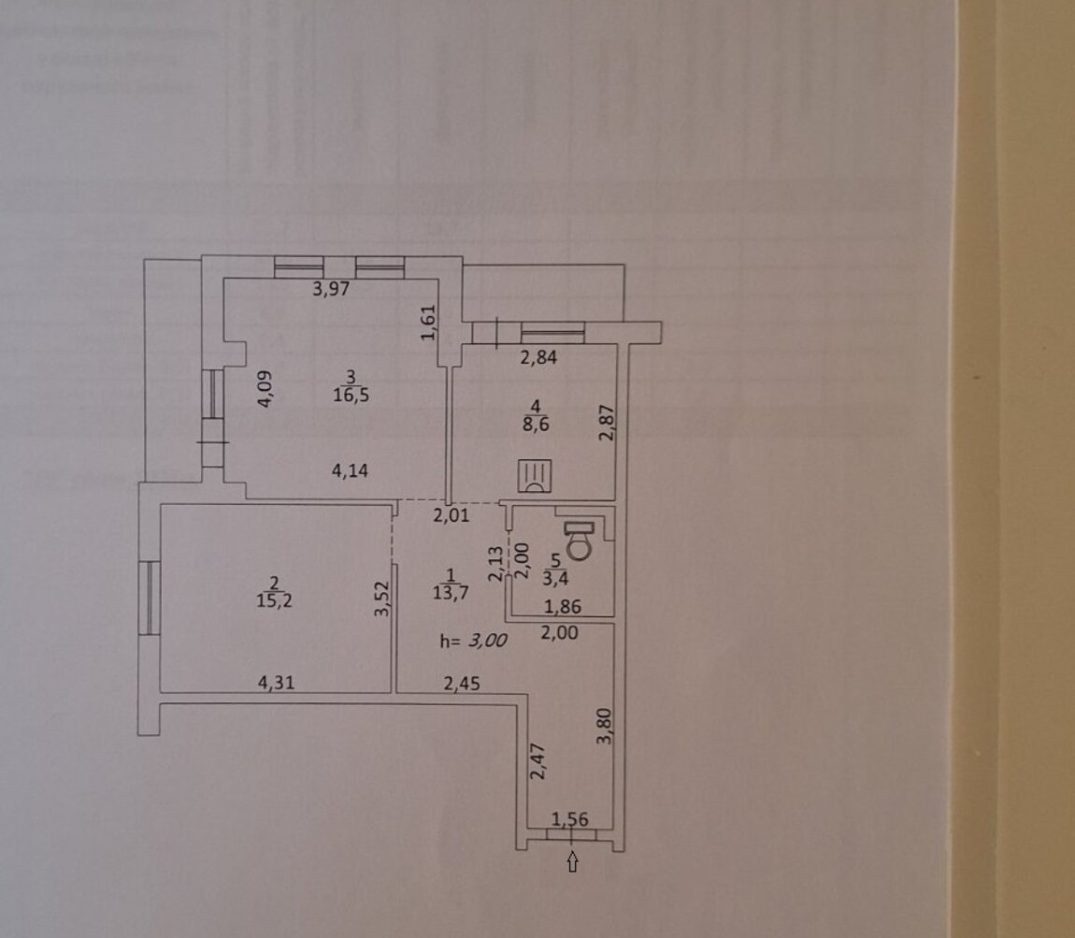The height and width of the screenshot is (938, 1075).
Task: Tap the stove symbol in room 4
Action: (535, 476)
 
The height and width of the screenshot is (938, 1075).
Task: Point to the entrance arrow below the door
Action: (572, 864)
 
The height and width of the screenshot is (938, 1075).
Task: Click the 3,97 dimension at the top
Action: (330, 289)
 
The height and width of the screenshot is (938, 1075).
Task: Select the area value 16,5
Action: (351, 395)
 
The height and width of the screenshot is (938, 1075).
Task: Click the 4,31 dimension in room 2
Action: (276, 684)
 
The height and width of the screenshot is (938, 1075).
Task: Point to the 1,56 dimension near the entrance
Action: (569, 820)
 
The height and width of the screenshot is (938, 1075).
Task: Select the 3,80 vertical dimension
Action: (605, 726)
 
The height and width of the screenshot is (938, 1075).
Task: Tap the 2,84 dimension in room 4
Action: (537, 356)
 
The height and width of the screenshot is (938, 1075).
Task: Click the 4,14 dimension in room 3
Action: (349, 470)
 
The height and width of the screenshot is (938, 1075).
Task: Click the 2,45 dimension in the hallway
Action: (462, 684)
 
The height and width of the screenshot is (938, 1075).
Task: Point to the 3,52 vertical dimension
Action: (380, 599)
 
